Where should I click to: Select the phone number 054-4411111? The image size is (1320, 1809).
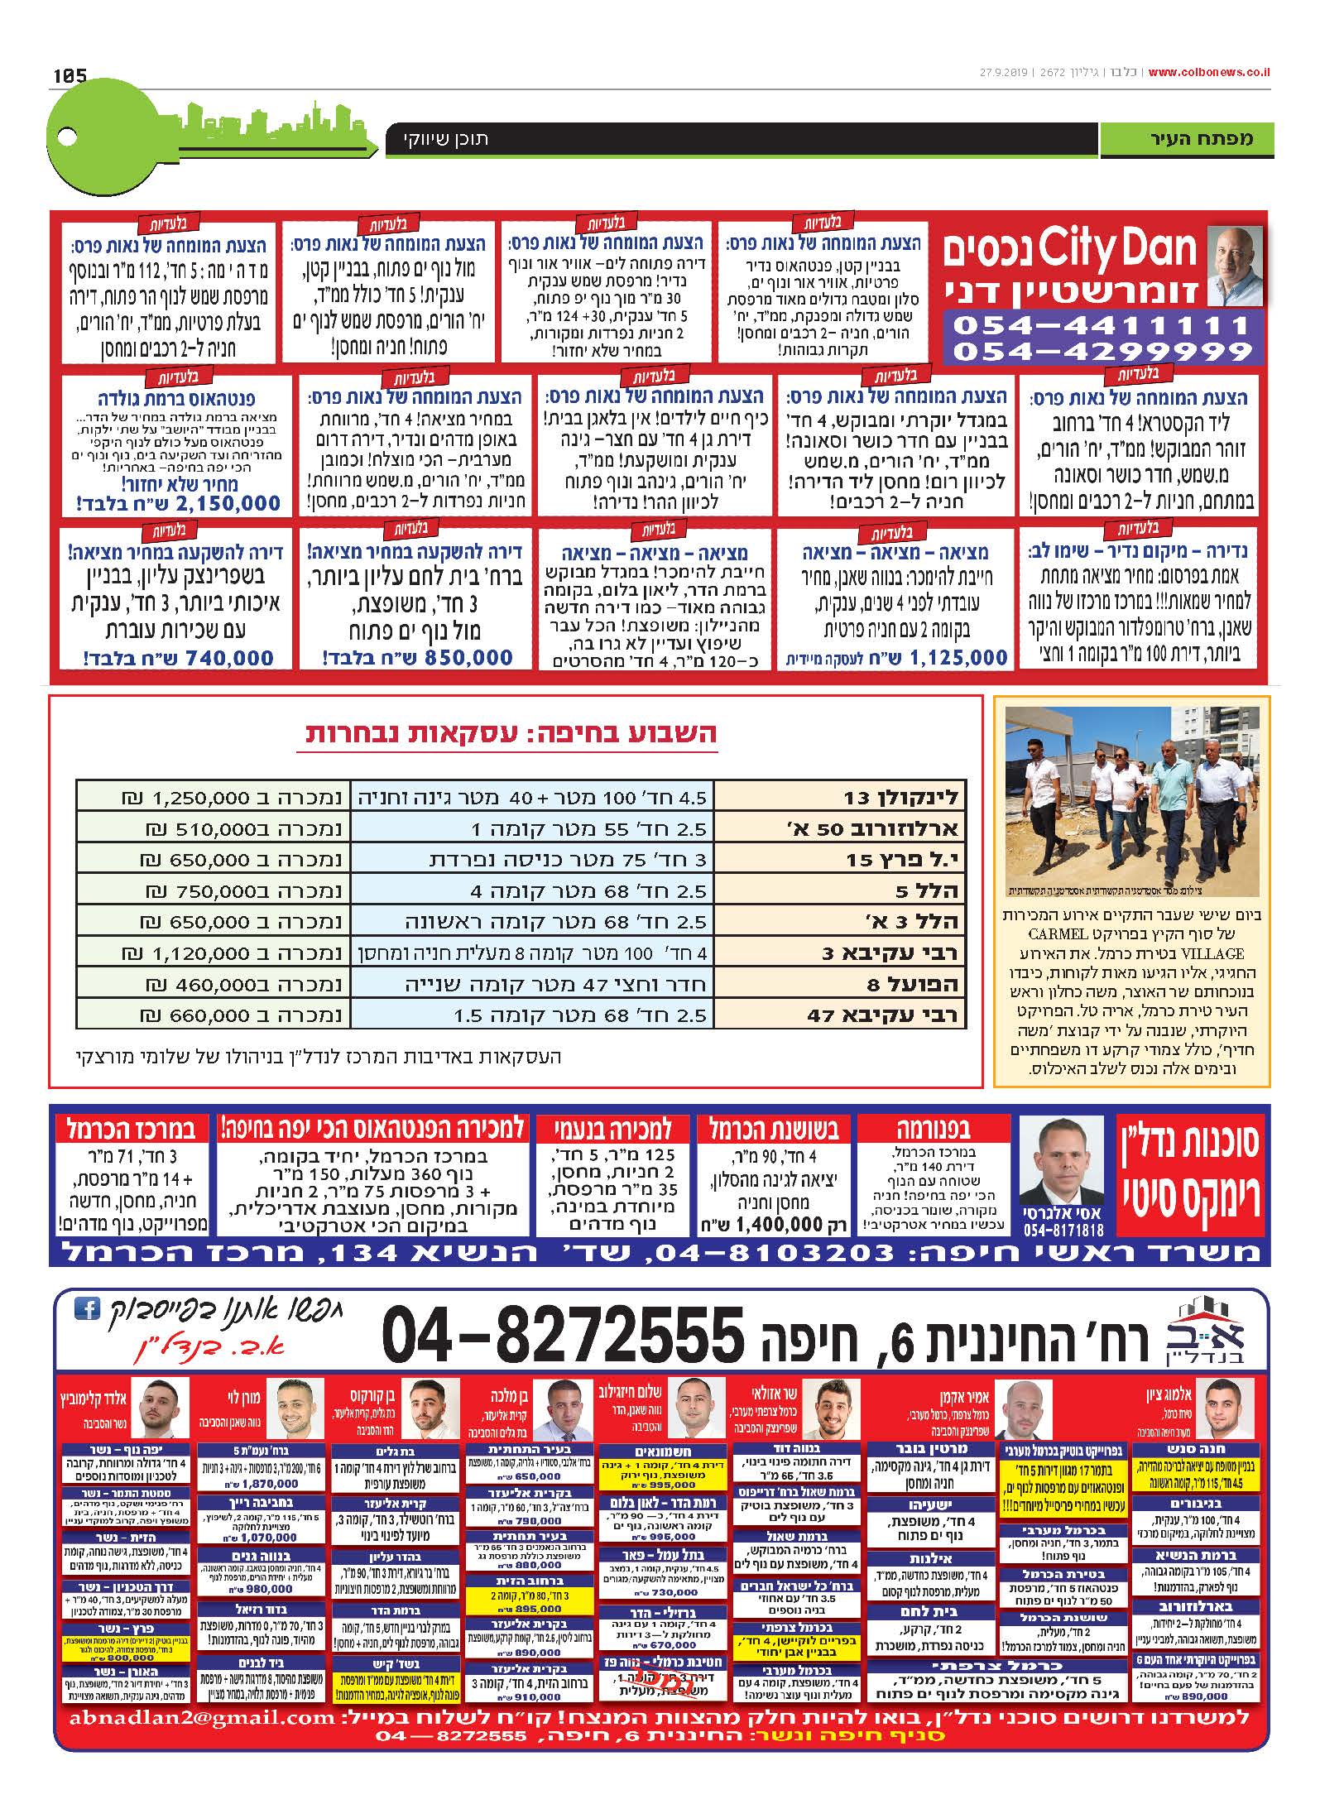click(x=1102, y=325)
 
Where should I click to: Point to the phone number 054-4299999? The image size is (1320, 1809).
click(x=1102, y=352)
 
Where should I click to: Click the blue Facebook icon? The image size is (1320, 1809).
click(x=86, y=1309)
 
